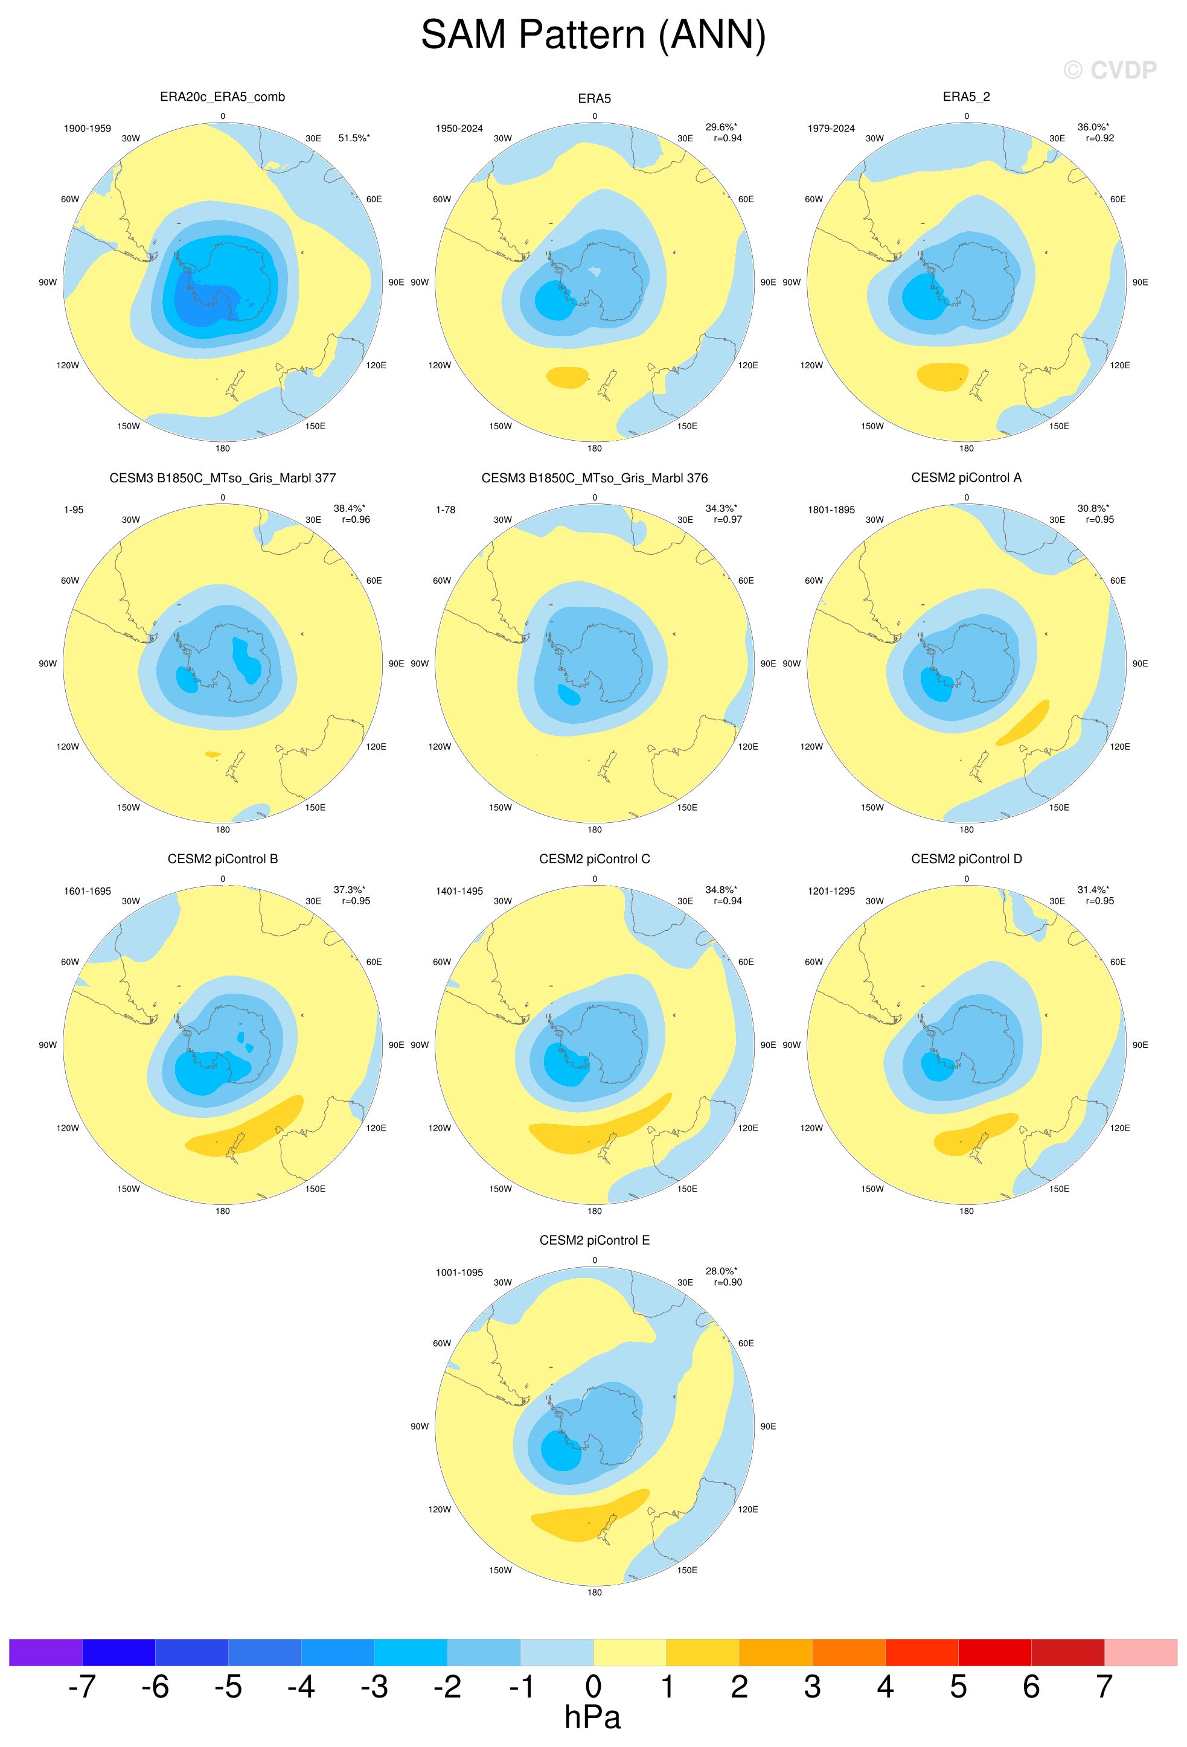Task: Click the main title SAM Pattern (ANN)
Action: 593,36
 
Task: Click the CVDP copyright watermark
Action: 1110,70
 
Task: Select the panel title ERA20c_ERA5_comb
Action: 223,97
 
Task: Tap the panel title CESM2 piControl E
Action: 594,1241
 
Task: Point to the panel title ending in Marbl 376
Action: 594,478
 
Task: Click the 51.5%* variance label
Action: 354,138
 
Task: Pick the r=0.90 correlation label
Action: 728,1282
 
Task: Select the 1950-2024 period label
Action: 459,129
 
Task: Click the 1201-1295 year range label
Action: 831,892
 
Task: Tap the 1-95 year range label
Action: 74,509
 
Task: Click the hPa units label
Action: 592,1717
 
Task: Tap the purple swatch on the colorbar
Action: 45,1652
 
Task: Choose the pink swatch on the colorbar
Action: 1141,1652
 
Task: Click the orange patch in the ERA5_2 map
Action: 942,376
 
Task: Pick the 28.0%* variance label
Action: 721,1271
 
